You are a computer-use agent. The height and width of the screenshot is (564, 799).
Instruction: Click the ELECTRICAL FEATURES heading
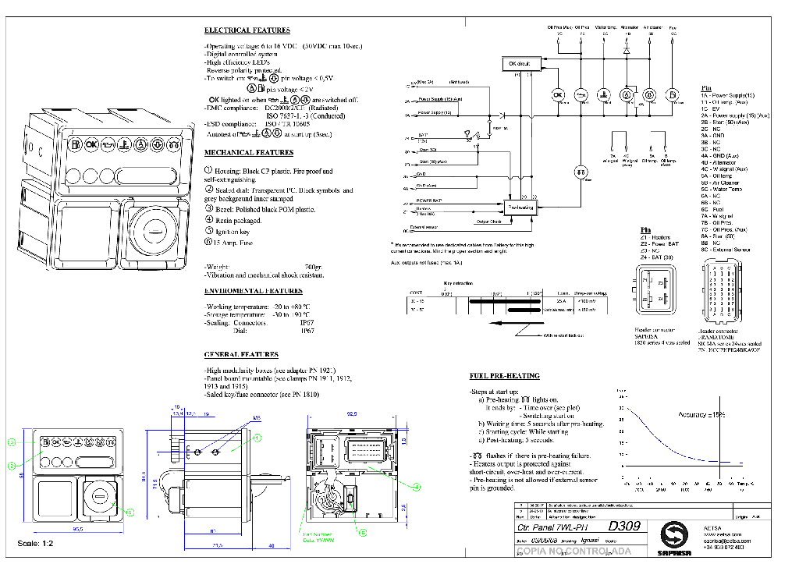pyautogui.click(x=247, y=30)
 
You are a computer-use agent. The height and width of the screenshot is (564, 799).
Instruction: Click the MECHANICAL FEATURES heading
pyautogui.click(x=248, y=153)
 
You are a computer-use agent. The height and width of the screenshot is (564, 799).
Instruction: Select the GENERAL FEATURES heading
pyautogui.click(x=241, y=355)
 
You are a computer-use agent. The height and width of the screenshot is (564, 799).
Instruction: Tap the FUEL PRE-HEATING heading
pyautogui.click(x=504, y=375)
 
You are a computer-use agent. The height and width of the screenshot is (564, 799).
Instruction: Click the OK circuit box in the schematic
pyautogui.click(x=519, y=63)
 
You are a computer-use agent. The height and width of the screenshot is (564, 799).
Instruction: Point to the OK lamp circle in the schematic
pyautogui.click(x=558, y=95)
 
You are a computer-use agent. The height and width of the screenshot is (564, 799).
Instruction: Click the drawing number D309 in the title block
pyautogui.click(x=624, y=527)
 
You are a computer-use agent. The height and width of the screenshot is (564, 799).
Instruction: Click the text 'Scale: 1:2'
pyautogui.click(x=35, y=543)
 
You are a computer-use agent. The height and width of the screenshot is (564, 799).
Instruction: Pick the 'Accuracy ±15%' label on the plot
pyautogui.click(x=701, y=415)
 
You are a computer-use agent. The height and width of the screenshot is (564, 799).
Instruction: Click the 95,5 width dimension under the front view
pyautogui.click(x=78, y=530)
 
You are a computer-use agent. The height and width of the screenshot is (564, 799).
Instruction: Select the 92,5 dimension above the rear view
pyautogui.click(x=352, y=415)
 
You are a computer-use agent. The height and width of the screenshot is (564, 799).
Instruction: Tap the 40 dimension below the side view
pyautogui.click(x=271, y=545)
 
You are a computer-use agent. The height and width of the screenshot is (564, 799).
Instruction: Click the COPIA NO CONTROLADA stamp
pyautogui.click(x=574, y=552)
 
